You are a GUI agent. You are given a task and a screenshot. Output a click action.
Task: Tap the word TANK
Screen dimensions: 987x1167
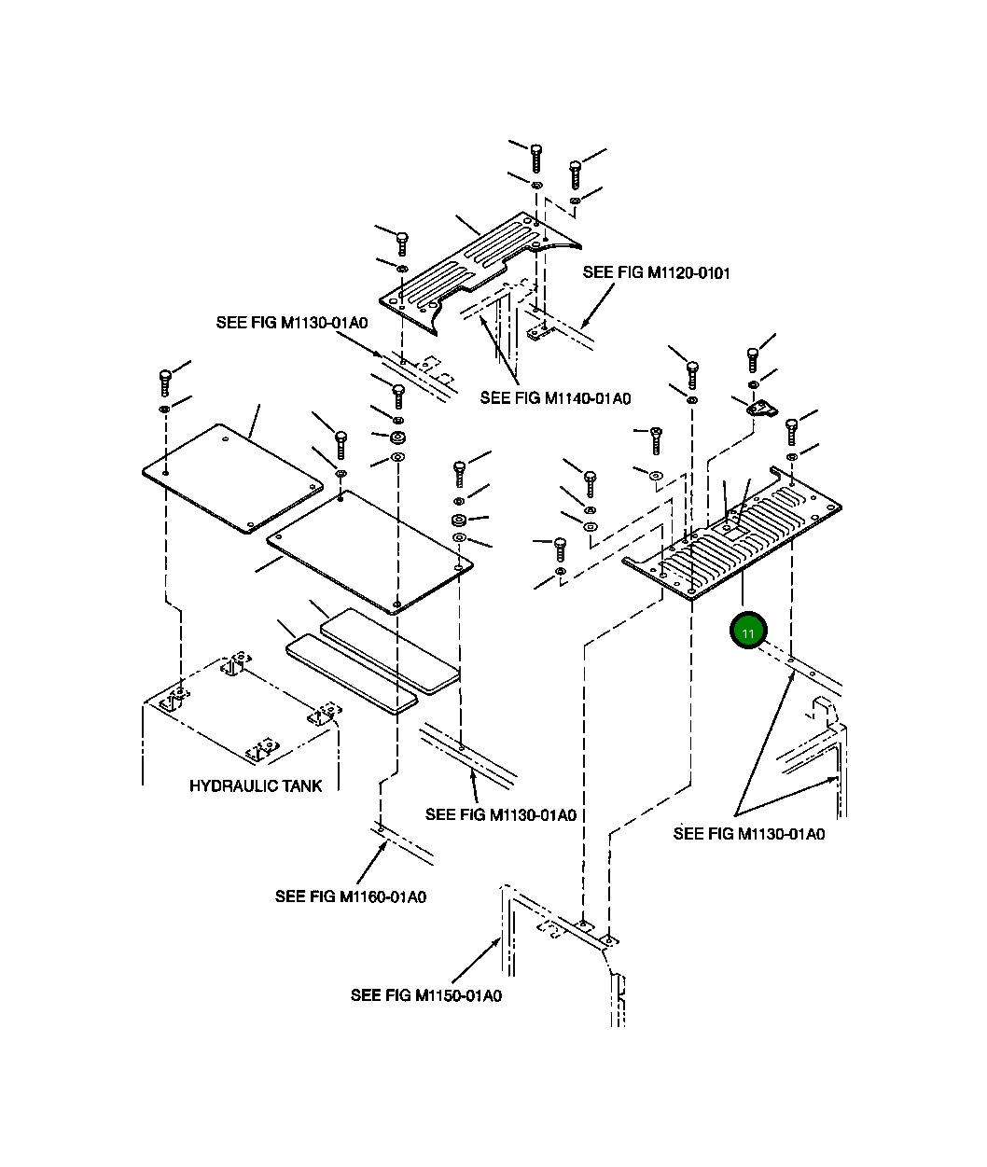301,785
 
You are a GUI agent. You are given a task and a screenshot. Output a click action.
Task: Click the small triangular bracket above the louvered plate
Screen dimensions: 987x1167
761,409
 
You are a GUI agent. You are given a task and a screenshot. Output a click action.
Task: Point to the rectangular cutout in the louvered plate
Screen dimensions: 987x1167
734,532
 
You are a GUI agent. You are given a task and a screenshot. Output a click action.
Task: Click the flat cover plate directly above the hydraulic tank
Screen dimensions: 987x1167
232,479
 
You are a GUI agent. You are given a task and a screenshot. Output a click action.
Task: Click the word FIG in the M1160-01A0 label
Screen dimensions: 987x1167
323,896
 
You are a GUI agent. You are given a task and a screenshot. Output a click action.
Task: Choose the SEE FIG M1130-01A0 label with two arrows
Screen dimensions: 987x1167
749,834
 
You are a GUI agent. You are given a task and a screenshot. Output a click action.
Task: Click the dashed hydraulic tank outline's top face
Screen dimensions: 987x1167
242,708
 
